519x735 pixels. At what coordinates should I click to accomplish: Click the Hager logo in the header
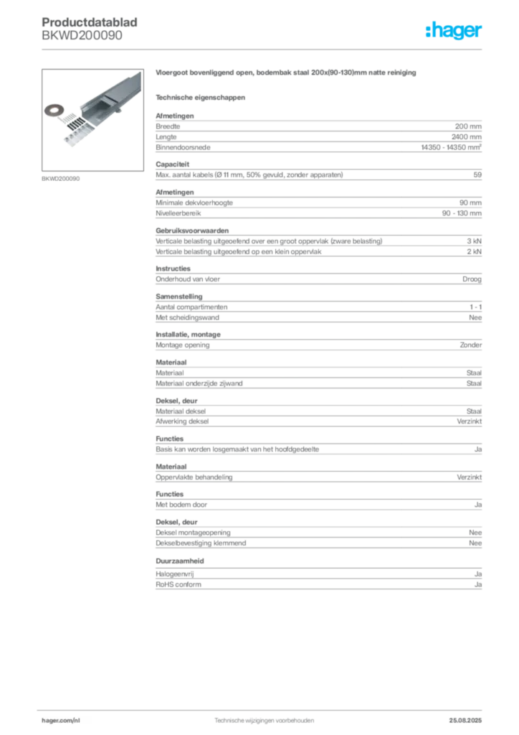tap(453, 30)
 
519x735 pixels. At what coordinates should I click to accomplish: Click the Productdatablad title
tap(90, 22)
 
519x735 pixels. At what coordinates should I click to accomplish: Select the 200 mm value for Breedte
tap(468, 126)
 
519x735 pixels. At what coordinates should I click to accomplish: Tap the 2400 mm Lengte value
tap(466, 137)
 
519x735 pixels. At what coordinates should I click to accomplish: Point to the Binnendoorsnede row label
tap(183, 147)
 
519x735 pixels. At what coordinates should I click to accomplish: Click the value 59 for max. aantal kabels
tap(477, 174)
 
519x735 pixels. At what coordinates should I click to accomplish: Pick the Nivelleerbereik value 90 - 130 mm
tap(462, 212)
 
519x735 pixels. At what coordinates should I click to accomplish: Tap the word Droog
tap(472, 279)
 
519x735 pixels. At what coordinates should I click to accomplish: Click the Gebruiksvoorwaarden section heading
tap(192, 230)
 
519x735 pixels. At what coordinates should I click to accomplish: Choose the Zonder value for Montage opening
tap(471, 345)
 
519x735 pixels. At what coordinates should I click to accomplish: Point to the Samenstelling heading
tap(179, 296)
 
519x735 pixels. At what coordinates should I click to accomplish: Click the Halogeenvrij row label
tap(175, 574)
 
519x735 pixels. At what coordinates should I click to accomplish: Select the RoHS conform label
tap(178, 584)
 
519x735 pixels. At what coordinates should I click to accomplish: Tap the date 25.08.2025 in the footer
tap(465, 721)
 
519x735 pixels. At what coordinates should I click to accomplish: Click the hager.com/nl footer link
tap(61, 721)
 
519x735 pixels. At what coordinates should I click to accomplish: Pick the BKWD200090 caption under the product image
tap(60, 179)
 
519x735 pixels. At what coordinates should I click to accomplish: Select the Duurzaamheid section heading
tap(180, 561)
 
